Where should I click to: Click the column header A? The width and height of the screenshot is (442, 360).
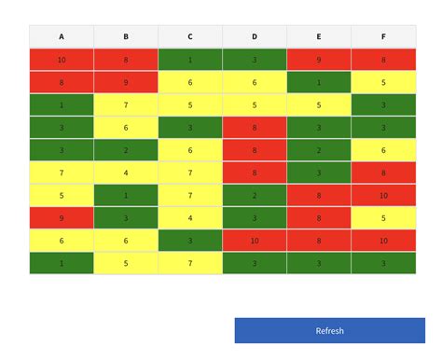[62, 37]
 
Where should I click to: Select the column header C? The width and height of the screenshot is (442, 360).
[190, 37]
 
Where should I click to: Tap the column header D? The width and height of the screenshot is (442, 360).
[255, 37]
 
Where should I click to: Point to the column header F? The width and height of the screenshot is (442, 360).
[383, 37]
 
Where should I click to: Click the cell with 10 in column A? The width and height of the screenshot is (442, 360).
[62, 60]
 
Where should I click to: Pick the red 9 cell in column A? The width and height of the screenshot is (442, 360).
[62, 218]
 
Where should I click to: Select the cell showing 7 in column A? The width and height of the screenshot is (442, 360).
[62, 173]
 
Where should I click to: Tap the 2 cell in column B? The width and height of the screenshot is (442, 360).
[126, 150]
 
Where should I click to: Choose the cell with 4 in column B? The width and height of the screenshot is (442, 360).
[126, 173]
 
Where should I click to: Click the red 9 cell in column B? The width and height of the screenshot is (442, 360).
[126, 82]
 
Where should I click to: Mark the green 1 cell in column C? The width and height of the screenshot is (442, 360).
[190, 60]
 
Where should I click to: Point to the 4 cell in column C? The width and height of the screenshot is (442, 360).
[190, 218]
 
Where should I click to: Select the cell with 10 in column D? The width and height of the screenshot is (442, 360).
[255, 241]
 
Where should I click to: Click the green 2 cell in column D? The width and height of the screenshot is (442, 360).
[255, 196]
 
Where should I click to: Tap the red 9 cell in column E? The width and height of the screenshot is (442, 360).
[319, 60]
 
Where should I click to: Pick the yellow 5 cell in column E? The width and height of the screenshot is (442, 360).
[319, 104]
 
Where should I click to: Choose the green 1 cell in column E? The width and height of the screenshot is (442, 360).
[319, 82]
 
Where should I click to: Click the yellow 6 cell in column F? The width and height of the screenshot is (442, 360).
[383, 150]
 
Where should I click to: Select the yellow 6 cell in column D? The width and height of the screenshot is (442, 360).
[255, 82]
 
